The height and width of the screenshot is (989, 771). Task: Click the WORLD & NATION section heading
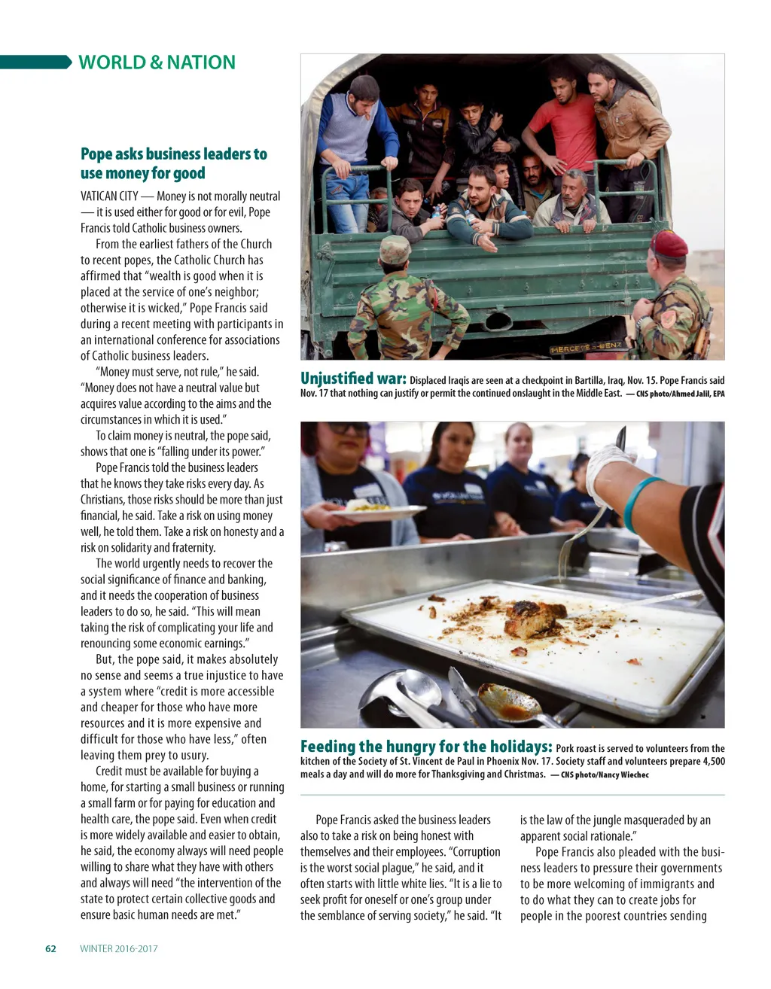point(157,62)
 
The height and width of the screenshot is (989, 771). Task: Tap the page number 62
point(50,948)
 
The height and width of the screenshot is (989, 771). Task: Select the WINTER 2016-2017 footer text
point(119,948)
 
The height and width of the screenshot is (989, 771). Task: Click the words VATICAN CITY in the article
point(109,196)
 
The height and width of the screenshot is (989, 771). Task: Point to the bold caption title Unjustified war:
point(353,379)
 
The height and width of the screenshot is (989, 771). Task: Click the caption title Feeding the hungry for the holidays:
point(426,747)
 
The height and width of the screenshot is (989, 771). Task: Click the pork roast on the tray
point(535,619)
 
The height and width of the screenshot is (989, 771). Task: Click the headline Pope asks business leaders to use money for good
point(173,163)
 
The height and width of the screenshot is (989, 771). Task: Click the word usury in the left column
point(194,755)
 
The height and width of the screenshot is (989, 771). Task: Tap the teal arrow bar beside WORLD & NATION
point(36,62)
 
